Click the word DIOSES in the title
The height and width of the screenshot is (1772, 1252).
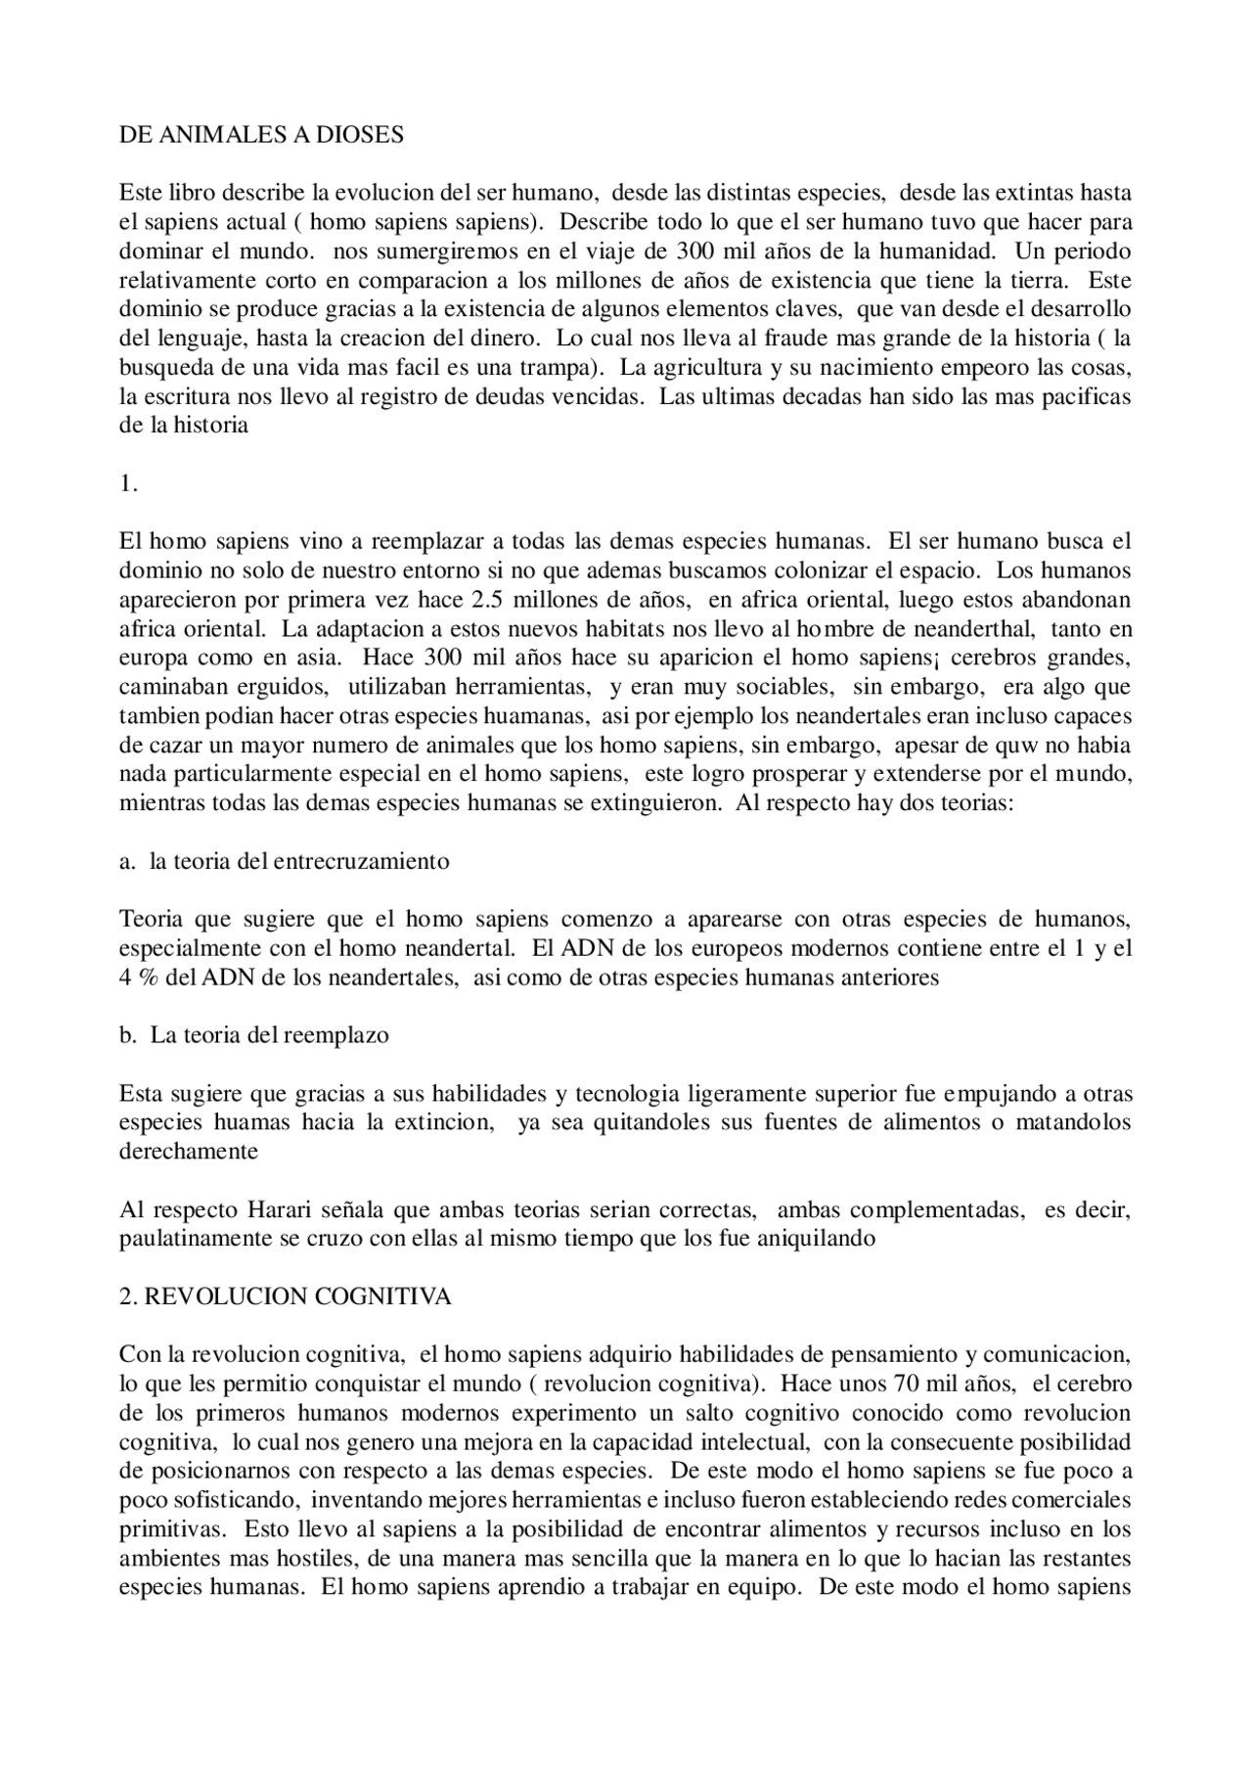point(359,135)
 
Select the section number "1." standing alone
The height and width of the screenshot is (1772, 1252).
point(128,483)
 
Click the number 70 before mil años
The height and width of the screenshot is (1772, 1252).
point(909,1385)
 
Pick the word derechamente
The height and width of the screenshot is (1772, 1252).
point(189,1152)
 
